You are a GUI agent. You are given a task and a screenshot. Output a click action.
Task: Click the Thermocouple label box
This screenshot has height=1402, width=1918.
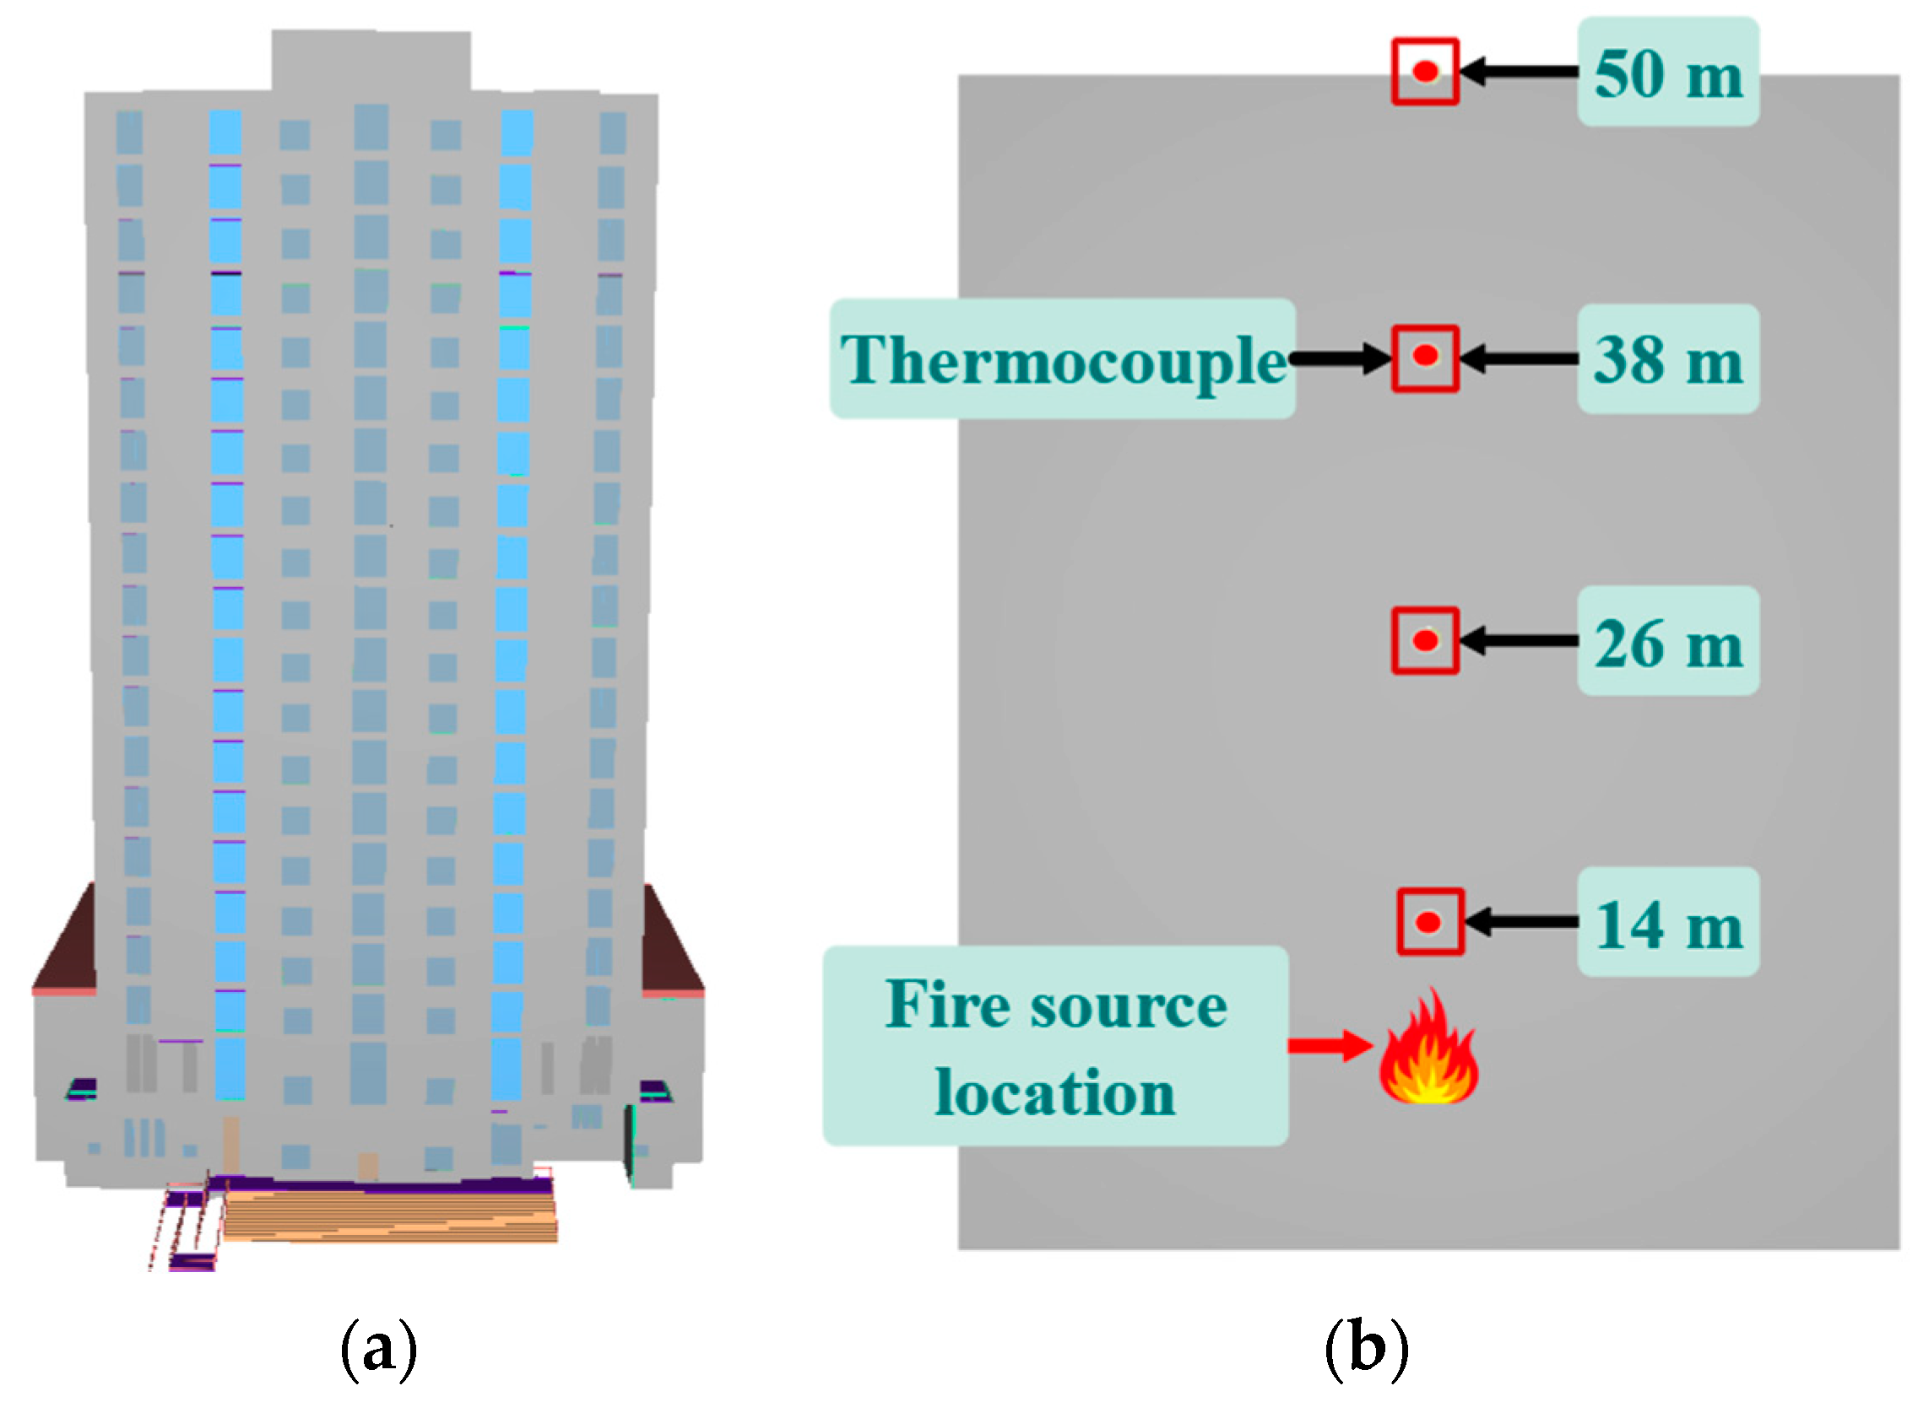[x=1061, y=359]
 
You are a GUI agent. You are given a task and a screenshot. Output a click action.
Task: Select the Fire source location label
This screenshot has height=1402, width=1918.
[x=1054, y=1046]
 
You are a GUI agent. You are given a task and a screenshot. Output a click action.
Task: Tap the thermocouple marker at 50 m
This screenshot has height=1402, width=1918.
[x=1425, y=72]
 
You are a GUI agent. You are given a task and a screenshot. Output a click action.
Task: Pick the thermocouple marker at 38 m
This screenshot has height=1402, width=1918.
[x=1425, y=358]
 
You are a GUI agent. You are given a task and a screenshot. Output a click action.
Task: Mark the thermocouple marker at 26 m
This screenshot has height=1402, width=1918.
[x=1425, y=641]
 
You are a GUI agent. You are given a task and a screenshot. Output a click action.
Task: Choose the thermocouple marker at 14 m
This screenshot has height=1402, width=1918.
[x=1430, y=922]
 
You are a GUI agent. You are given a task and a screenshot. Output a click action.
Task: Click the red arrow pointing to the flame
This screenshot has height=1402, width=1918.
[x=1329, y=1045]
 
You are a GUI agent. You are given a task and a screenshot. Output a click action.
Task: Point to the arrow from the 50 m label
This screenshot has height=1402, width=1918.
[x=1518, y=72]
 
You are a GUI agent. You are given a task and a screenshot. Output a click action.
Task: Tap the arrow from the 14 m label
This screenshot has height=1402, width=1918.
[x=1521, y=922]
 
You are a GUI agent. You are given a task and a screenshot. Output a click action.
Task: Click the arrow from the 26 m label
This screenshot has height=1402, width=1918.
[x=1518, y=641]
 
